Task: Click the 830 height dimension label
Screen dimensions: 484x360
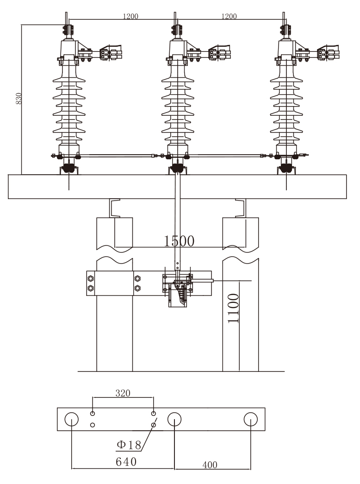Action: (19, 98)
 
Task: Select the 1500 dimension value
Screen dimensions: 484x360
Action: (180, 240)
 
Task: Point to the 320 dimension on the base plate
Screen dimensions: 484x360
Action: (123, 393)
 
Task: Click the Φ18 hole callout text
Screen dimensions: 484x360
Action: (128, 445)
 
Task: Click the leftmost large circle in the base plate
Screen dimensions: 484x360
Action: (71, 419)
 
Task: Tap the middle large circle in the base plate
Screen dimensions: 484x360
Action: (174, 419)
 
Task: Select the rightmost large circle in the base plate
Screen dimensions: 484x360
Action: (250, 419)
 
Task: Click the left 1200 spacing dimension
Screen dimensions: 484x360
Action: (130, 16)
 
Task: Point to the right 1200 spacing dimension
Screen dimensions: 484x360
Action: (229, 16)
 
